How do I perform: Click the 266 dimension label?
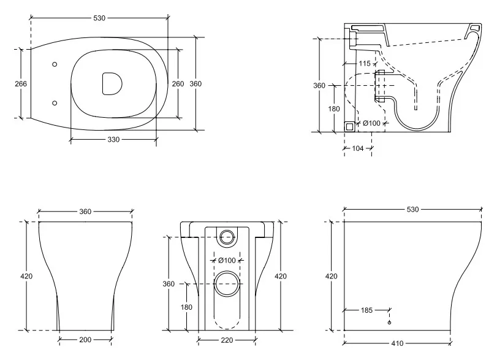21,84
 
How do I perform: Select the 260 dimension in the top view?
178,84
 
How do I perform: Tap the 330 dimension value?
113,140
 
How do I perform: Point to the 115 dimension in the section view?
365,63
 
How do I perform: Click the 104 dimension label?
358,148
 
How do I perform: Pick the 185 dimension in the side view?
366,310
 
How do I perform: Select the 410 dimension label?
397,343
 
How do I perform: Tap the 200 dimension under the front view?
85,340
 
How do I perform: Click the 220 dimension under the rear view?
227,340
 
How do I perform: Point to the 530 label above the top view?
99,18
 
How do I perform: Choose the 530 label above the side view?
412,209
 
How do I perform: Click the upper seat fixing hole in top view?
55,64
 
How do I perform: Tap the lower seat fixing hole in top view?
55,103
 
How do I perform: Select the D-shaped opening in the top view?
112,84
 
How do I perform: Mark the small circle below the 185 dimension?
389,323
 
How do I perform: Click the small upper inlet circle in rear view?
227,237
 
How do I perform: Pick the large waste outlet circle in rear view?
227,283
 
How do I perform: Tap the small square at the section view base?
349,127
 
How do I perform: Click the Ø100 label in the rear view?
227,261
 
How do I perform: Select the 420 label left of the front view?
26,276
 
